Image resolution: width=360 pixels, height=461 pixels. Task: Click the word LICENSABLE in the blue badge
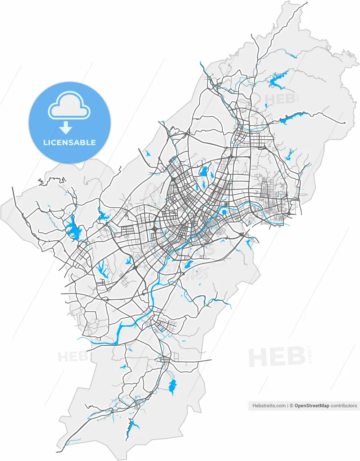(70, 143)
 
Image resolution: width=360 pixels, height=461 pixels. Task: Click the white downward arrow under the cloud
(66, 127)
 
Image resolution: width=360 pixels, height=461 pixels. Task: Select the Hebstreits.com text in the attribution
(269, 406)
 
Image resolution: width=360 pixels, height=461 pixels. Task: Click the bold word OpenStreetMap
(312, 406)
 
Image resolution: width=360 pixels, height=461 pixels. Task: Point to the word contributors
(344, 406)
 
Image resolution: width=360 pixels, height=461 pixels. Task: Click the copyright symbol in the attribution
(292, 406)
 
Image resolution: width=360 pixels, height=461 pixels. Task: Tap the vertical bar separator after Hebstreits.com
(288, 406)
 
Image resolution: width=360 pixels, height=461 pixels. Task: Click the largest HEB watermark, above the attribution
(277, 357)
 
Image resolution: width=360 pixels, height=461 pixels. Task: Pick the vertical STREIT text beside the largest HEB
(310, 354)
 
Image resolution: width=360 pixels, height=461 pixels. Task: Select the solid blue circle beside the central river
(224, 212)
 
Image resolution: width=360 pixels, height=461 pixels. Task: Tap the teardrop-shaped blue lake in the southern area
(172, 386)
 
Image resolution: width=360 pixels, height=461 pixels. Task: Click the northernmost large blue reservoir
(277, 80)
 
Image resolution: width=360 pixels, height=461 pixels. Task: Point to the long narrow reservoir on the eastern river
(291, 117)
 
